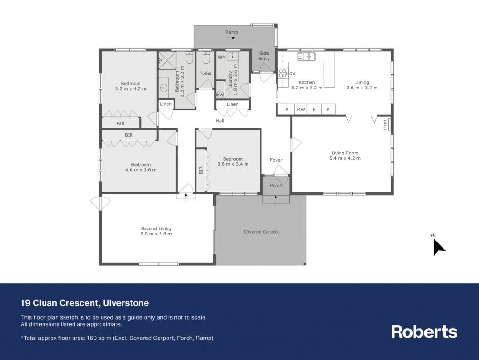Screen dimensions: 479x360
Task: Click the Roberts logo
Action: pos(424,331)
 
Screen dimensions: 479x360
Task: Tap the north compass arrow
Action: pos(439,247)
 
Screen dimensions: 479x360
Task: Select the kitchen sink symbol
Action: pos(306,57)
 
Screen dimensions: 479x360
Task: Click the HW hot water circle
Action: pos(220,95)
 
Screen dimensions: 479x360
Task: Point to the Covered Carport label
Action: pos(261,232)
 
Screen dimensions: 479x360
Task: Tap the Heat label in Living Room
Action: pos(385,125)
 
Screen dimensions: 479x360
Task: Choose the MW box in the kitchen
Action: pos(301,109)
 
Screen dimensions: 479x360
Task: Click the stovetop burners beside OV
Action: pos(283,73)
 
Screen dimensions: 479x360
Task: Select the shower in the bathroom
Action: pos(167,61)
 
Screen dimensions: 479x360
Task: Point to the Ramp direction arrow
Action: pos(231,38)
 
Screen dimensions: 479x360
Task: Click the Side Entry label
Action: pos(264,56)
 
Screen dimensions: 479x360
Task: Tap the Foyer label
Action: pos(276,160)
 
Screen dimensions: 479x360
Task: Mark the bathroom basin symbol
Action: pos(163,88)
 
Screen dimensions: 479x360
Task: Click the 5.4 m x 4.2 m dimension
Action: pos(345,158)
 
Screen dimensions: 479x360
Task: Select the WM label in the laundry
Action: pos(222,57)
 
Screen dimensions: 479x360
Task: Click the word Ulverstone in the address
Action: pos(126,303)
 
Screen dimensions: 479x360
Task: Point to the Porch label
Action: pos(276,185)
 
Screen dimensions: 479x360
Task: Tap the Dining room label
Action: pos(362,82)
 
